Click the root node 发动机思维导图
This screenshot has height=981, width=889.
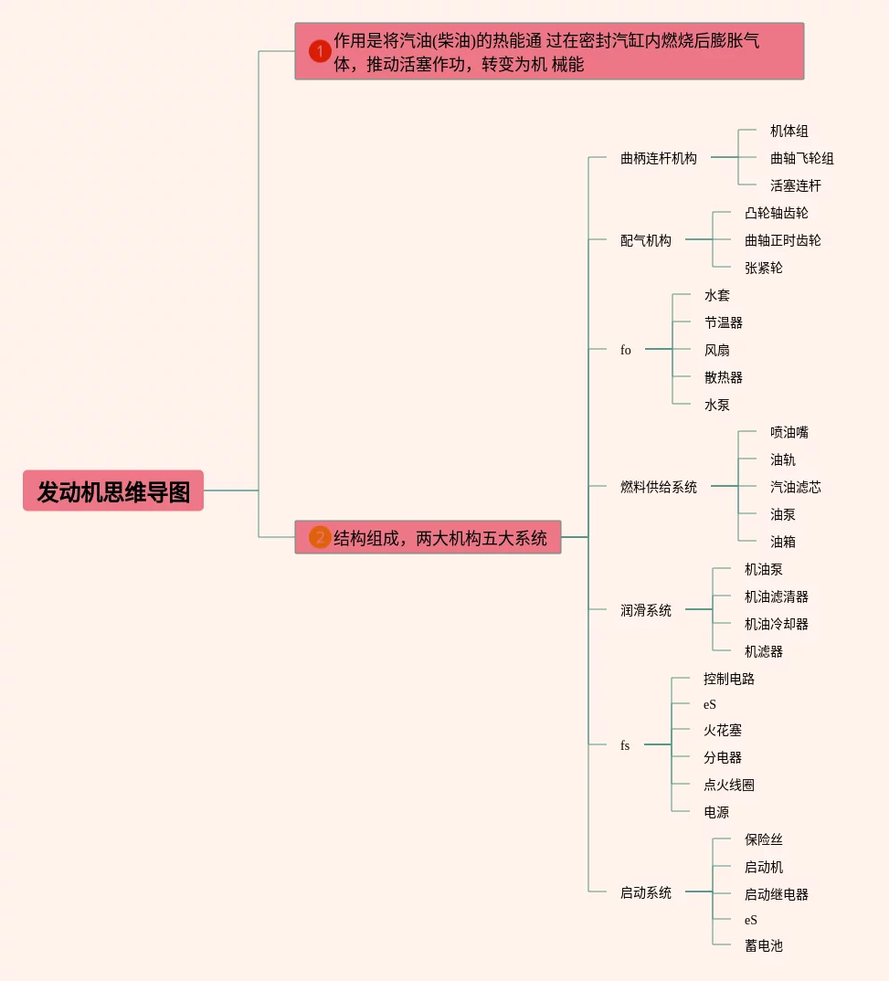[x=113, y=491]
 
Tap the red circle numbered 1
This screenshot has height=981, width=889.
[x=320, y=51]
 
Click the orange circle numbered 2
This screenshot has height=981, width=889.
[x=320, y=538]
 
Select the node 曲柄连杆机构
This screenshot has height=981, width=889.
[x=658, y=158]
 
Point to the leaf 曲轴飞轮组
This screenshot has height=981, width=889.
[x=801, y=158]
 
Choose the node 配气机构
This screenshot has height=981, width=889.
[x=645, y=240]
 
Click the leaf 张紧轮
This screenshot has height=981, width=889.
[x=763, y=268]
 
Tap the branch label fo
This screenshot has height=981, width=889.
[x=625, y=350]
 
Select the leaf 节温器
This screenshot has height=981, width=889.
[x=723, y=322]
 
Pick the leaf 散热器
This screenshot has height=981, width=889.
[x=723, y=377]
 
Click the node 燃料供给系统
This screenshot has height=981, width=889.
[x=658, y=487]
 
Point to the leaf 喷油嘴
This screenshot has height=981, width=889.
[x=788, y=432]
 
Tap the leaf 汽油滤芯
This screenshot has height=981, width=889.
[x=795, y=487]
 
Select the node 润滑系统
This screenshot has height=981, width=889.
[x=645, y=610]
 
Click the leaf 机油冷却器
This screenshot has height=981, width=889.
[x=776, y=624]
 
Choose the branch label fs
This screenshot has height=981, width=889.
[x=625, y=745]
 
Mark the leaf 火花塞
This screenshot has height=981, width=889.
[x=722, y=730]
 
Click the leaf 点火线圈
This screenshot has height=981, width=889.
[x=728, y=785]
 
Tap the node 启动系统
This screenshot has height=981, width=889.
[x=645, y=892]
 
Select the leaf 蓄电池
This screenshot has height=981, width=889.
[x=763, y=945]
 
